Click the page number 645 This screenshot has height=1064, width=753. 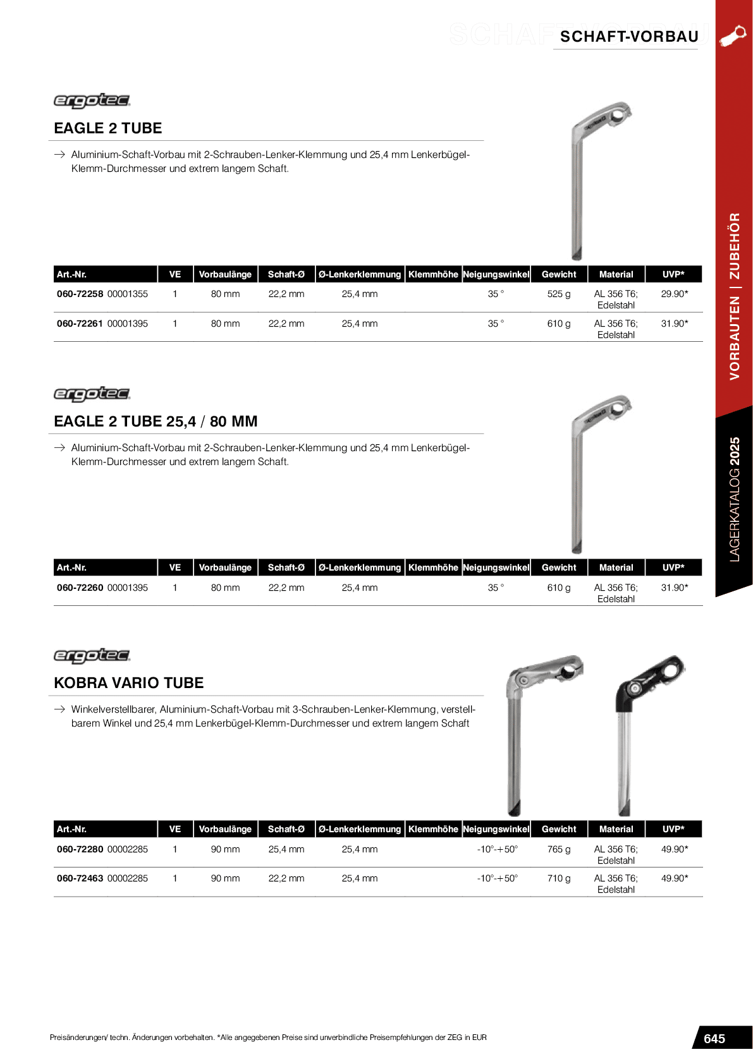click(x=714, y=1039)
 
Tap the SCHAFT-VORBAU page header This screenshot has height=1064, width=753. click(x=629, y=37)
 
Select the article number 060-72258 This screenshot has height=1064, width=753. click(x=80, y=294)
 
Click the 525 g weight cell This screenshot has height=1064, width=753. click(x=558, y=294)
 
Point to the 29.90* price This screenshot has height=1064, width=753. click(x=674, y=294)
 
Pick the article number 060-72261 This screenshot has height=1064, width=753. click(x=80, y=323)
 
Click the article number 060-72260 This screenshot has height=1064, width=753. click(x=80, y=588)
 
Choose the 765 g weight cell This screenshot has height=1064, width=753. click(x=558, y=849)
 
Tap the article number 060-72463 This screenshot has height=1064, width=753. click(x=80, y=878)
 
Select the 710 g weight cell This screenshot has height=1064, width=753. click(x=558, y=878)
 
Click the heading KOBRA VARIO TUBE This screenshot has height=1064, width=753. click(x=129, y=683)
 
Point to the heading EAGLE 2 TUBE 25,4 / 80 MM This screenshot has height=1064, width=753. click(x=156, y=421)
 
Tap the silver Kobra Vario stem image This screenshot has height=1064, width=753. click(x=534, y=733)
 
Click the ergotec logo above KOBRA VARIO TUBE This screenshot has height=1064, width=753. click(x=92, y=656)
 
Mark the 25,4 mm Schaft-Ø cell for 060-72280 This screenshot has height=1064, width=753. click(x=286, y=849)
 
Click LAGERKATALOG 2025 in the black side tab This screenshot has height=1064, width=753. click(x=734, y=499)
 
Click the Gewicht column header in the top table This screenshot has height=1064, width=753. click(x=559, y=274)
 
